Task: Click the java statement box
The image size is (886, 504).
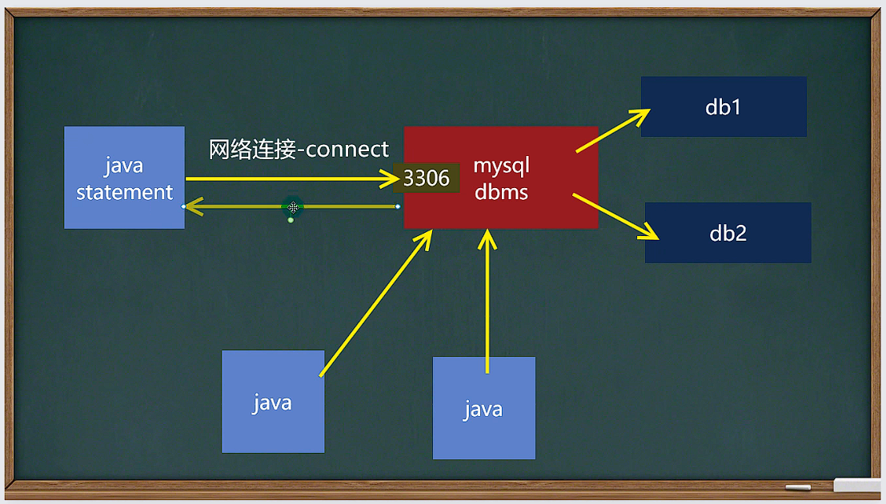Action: pos(124,178)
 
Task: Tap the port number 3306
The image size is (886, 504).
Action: pos(427,178)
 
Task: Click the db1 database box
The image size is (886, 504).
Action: pos(723,106)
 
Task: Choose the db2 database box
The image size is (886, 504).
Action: pos(728,233)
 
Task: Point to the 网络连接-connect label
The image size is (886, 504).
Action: pos(299,150)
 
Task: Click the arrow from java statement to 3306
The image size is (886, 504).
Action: pos(288,178)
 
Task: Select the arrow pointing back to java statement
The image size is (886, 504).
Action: pos(240,206)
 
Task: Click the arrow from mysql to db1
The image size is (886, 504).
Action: pos(613,130)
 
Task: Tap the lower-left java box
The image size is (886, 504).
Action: pos(272,402)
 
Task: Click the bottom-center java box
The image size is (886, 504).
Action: pos(483,408)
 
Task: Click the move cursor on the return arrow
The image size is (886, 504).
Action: pos(293,207)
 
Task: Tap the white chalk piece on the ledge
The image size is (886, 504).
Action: pos(797,487)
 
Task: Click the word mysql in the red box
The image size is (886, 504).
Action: pos(502,166)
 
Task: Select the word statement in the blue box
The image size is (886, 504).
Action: pos(124,192)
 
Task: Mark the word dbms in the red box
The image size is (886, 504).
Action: pos(501,192)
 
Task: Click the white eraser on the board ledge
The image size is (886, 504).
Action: pos(857,485)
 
